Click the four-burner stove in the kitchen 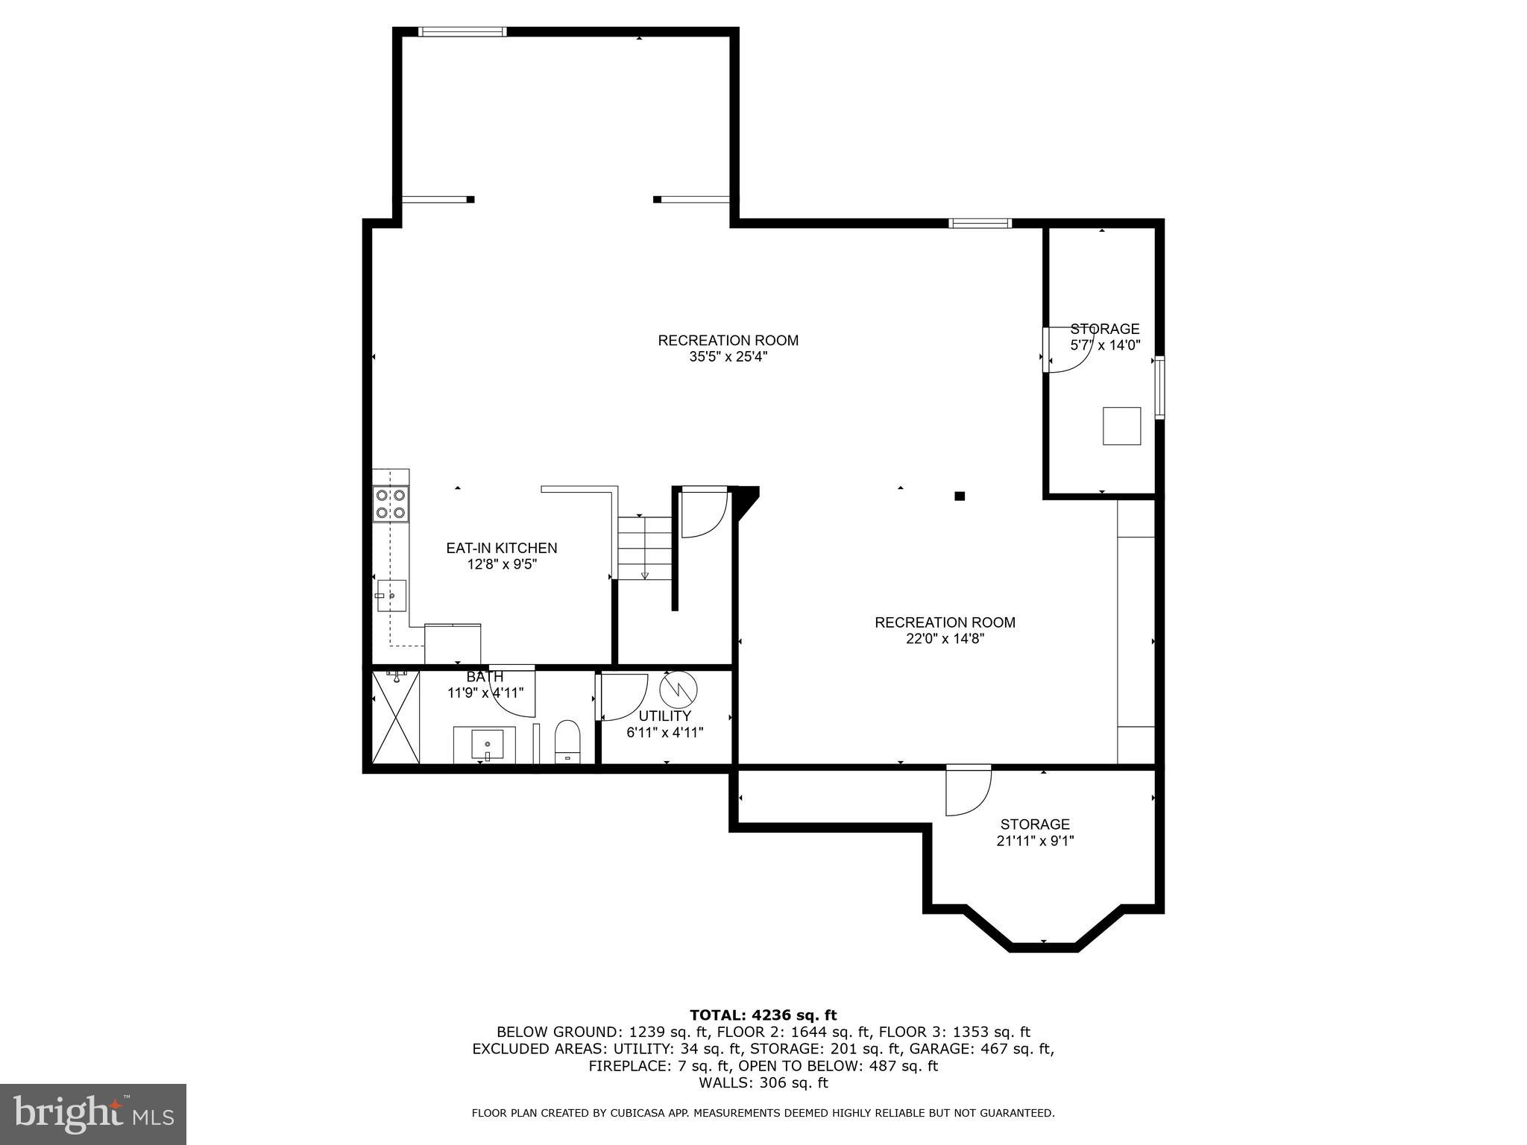[x=391, y=503]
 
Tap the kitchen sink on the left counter [x=391, y=596]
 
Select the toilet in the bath [x=567, y=742]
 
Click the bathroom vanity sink [x=484, y=745]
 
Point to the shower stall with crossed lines [x=396, y=716]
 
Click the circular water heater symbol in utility [x=679, y=689]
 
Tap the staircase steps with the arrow [x=645, y=548]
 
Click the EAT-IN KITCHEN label [x=501, y=548]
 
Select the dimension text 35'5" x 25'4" [x=728, y=357]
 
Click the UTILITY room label [x=664, y=716]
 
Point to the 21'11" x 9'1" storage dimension [x=1035, y=841]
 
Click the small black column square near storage [x=960, y=496]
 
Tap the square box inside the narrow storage [x=1121, y=426]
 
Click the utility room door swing [x=623, y=697]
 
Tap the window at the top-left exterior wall [x=462, y=31]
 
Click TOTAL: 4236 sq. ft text [x=763, y=1015]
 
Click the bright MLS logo [x=92, y=1114]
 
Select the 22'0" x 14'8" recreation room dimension [x=945, y=639]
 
